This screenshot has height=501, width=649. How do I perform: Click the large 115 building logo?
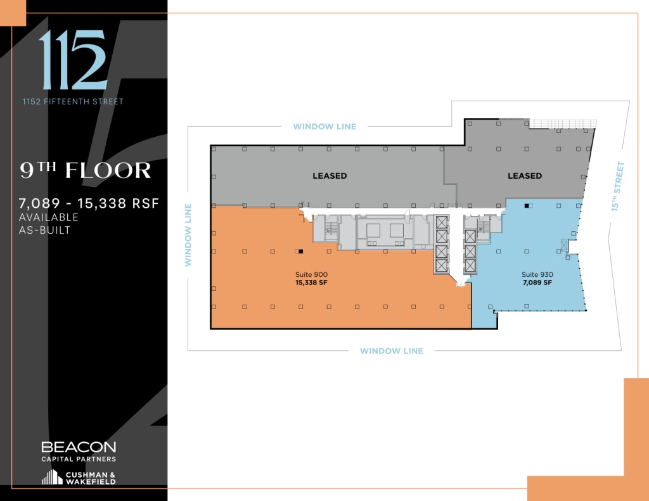72,61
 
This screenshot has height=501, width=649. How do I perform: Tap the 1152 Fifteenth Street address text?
73,101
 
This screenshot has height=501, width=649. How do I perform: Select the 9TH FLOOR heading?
86,170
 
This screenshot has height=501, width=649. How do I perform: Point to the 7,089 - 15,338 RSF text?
89,203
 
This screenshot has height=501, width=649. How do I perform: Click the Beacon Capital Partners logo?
79,451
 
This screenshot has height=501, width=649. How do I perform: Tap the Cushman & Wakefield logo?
79,478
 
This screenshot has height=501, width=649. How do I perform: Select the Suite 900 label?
311,274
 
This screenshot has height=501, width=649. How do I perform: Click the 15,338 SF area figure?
311,283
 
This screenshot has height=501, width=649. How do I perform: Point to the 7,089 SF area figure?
537,283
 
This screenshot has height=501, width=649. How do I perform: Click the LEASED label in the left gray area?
330,175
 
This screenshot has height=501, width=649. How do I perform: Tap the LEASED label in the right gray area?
525,175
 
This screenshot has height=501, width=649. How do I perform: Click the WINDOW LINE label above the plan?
324,127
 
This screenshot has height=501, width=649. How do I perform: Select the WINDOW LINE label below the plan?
391,351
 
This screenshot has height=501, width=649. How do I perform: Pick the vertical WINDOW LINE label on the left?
188,234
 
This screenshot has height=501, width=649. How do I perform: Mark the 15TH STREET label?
619,186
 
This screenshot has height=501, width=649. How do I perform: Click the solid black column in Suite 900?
300,251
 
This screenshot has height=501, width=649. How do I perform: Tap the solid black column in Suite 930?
530,206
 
